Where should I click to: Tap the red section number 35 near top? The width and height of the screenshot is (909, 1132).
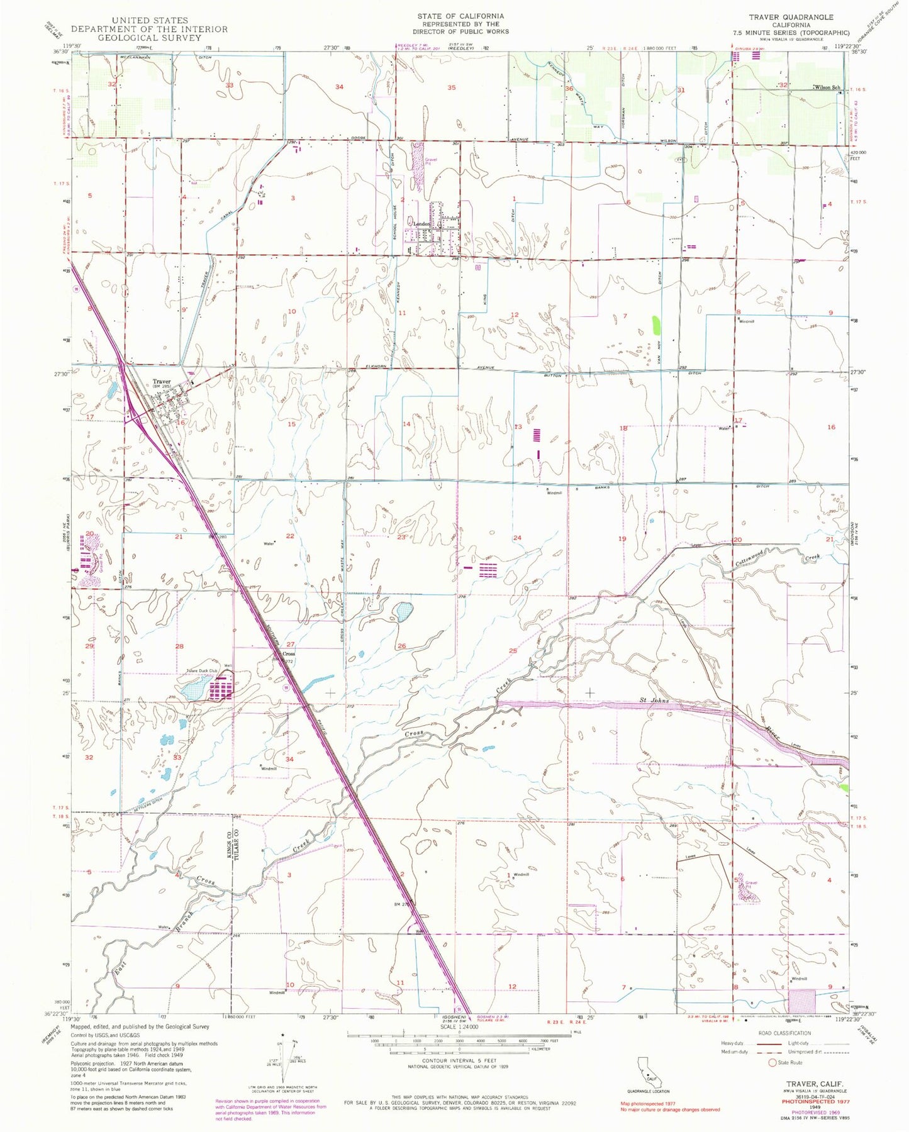coord(451,87)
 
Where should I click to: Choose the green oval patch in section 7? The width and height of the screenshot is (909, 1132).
coord(657,325)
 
